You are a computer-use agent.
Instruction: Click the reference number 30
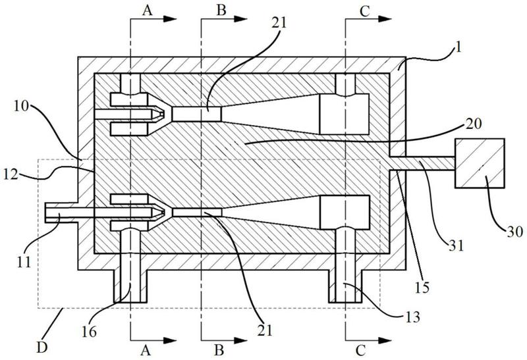pyautogui.click(x=514, y=232)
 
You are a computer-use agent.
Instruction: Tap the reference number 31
pyautogui.click(x=456, y=246)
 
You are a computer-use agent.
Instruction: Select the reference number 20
pyautogui.click(x=474, y=124)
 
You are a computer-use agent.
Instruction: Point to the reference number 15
pyautogui.click(x=422, y=287)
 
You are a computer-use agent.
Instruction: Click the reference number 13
pyautogui.click(x=412, y=317)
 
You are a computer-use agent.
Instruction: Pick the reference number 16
pyautogui.click(x=89, y=332)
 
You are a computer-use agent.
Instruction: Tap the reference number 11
pyautogui.click(x=24, y=262)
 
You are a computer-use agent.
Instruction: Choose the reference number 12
pyautogui.click(x=11, y=174)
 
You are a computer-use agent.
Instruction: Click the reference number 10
pyautogui.click(x=22, y=107)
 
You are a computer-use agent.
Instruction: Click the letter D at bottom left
pyautogui.click(x=42, y=347)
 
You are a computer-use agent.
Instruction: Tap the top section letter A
pyautogui.click(x=147, y=11)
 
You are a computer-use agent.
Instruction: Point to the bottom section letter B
pyautogui.click(x=219, y=350)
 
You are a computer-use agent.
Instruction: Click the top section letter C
pyautogui.click(x=364, y=11)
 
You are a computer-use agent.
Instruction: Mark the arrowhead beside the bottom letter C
pyautogui.click(x=385, y=340)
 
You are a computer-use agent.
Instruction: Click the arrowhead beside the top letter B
pyautogui.click(x=240, y=19)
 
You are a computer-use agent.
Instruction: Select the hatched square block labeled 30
pyautogui.click(x=480, y=163)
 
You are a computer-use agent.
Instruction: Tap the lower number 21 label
pyautogui.click(x=265, y=330)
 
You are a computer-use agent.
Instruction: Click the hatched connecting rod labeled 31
pyautogui.click(x=422, y=163)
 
